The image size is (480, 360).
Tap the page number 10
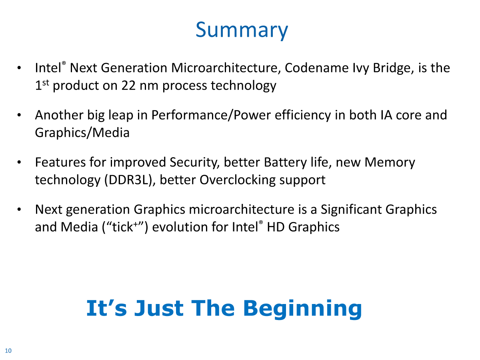tap(8, 351)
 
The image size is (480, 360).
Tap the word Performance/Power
tap(211, 115)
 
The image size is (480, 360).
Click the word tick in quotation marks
tap(122, 227)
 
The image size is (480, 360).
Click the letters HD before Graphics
tap(276, 227)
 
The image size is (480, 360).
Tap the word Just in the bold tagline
tap(159, 308)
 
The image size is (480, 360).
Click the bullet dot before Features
tap(19, 162)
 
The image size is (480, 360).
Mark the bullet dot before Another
tap(19, 115)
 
